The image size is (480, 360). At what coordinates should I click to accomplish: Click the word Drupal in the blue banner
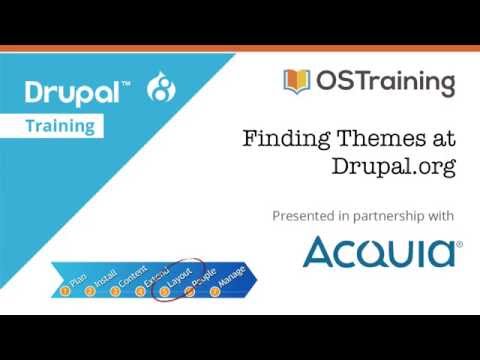click(x=69, y=93)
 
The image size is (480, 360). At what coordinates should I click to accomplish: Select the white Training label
click(x=60, y=127)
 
